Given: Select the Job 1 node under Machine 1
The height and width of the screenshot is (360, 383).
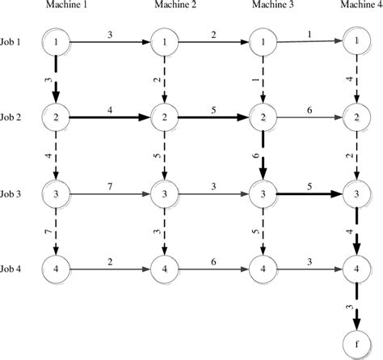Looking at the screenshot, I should point(56,41).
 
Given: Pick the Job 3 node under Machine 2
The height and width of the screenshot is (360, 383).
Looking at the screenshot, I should point(163,194).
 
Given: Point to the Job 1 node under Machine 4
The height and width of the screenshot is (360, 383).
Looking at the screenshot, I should point(353,41).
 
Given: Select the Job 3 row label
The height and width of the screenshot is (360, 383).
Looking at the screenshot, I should point(15,194).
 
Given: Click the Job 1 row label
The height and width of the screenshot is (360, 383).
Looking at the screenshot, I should point(15,41).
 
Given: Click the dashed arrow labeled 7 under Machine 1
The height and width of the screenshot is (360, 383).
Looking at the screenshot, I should point(56,233).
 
